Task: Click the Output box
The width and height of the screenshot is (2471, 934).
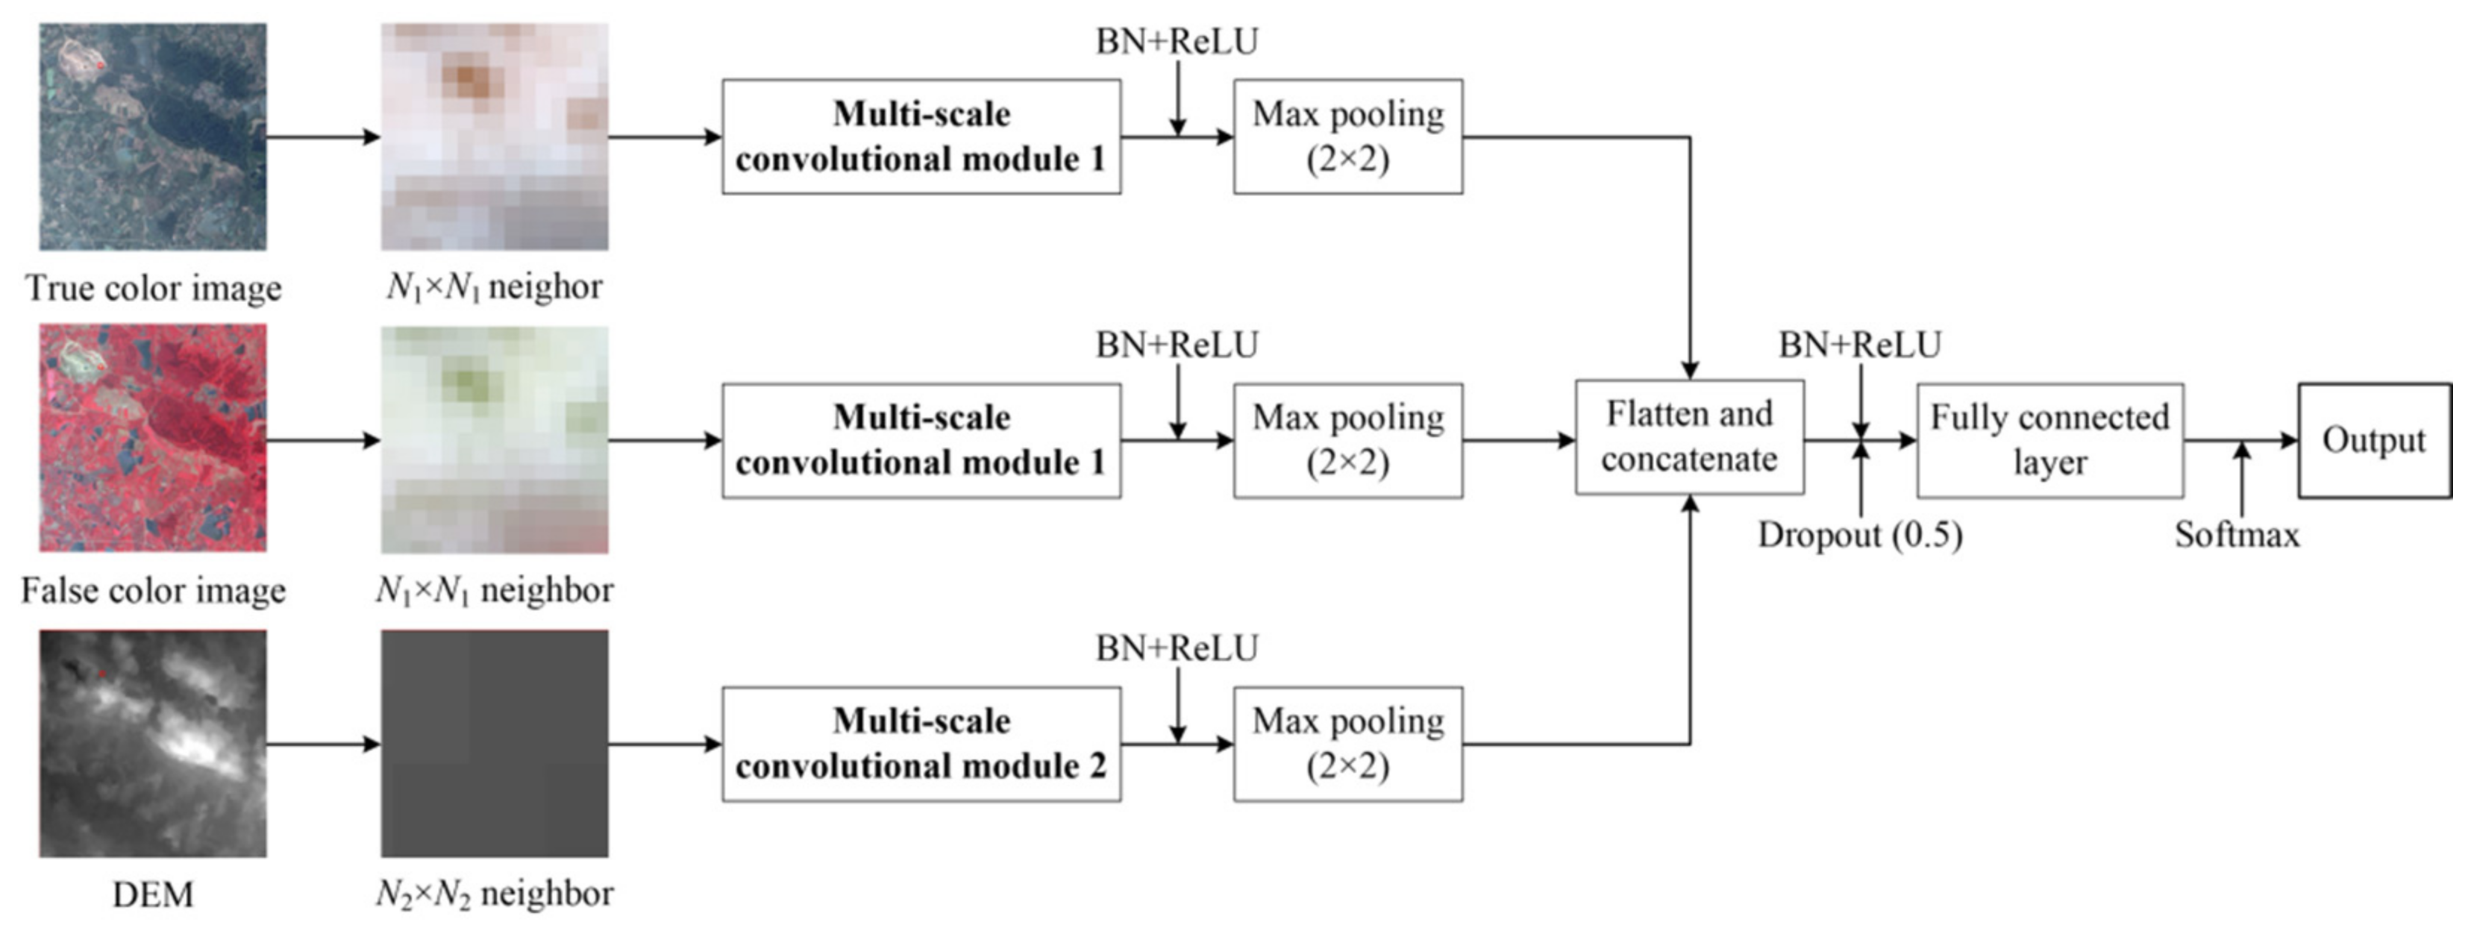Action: pos(2374,440)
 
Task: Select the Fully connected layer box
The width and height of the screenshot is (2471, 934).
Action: pos(2050,440)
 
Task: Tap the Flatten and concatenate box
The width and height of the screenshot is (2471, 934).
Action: pos(1689,437)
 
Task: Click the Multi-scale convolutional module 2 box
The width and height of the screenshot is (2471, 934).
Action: pos(921,743)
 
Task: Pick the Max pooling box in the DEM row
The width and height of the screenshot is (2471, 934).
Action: pos(1347,743)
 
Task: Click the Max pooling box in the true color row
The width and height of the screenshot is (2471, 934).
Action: pos(1347,137)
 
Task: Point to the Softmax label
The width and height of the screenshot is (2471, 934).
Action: pos(2237,534)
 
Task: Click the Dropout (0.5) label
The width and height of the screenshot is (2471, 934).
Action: pos(1859,534)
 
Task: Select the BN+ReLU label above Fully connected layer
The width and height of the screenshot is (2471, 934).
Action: pos(1859,344)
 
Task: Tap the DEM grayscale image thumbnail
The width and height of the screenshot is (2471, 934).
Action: pos(152,743)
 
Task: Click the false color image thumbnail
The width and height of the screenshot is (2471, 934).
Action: pos(152,437)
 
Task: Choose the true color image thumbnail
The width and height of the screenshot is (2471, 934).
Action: pos(152,137)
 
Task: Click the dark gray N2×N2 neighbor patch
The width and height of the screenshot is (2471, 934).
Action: pos(494,743)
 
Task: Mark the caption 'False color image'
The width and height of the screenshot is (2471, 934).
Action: pos(152,590)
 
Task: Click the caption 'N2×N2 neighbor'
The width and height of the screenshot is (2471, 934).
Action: pos(494,894)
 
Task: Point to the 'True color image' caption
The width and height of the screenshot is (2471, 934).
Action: pos(152,288)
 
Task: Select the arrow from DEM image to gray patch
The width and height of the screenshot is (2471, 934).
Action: pos(323,743)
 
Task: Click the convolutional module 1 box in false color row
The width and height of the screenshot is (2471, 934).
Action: pos(921,440)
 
